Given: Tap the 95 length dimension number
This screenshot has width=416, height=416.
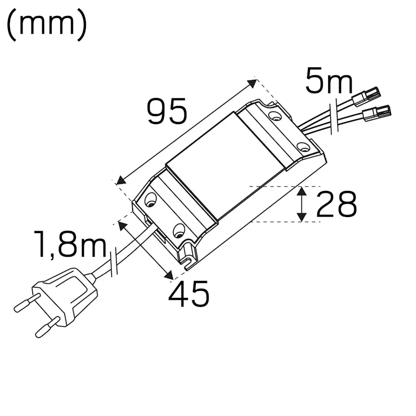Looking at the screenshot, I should pyautogui.click(x=167, y=111).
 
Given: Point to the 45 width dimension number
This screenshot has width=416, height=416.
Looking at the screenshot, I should pyautogui.click(x=188, y=294).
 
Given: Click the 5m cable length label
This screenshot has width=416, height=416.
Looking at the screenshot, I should pyautogui.click(x=329, y=82).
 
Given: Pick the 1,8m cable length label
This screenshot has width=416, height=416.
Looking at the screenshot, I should pyautogui.click(x=70, y=245).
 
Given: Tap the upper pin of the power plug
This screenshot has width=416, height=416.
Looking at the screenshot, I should pyautogui.click(x=23, y=304).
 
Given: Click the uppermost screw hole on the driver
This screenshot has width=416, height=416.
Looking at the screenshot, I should pyautogui.click(x=274, y=116).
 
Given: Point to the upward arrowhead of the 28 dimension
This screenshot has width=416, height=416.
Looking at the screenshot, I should pyautogui.click(x=301, y=191).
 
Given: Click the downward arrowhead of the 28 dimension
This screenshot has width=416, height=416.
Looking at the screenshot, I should pyautogui.click(x=301, y=217).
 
